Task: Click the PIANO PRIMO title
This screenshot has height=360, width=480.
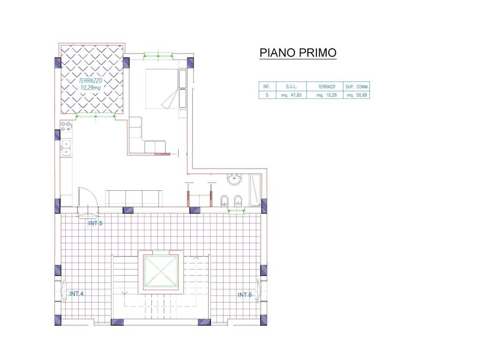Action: pyautogui.click(x=298, y=53)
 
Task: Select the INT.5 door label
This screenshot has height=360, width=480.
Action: pyautogui.click(x=95, y=223)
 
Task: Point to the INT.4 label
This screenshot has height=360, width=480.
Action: pyautogui.click(x=76, y=294)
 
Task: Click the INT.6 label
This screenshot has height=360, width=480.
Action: pyautogui.click(x=245, y=295)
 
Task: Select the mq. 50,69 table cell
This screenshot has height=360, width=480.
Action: pyautogui.click(x=357, y=95)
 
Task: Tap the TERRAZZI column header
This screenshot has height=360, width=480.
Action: pyautogui.click(x=325, y=87)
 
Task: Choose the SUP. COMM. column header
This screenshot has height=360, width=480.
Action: pyautogui.click(x=357, y=87)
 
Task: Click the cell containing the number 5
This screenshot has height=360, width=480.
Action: pyautogui.click(x=266, y=95)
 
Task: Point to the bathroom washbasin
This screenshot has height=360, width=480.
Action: pyautogui.click(x=233, y=180)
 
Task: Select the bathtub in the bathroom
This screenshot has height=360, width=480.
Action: pyautogui.click(x=255, y=189)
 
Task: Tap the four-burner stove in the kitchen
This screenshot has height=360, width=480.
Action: pyautogui.click(x=66, y=126)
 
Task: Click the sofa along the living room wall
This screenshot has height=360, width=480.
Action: pyautogui.click(x=134, y=198)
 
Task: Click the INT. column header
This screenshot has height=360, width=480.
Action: pyautogui.click(x=266, y=87)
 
